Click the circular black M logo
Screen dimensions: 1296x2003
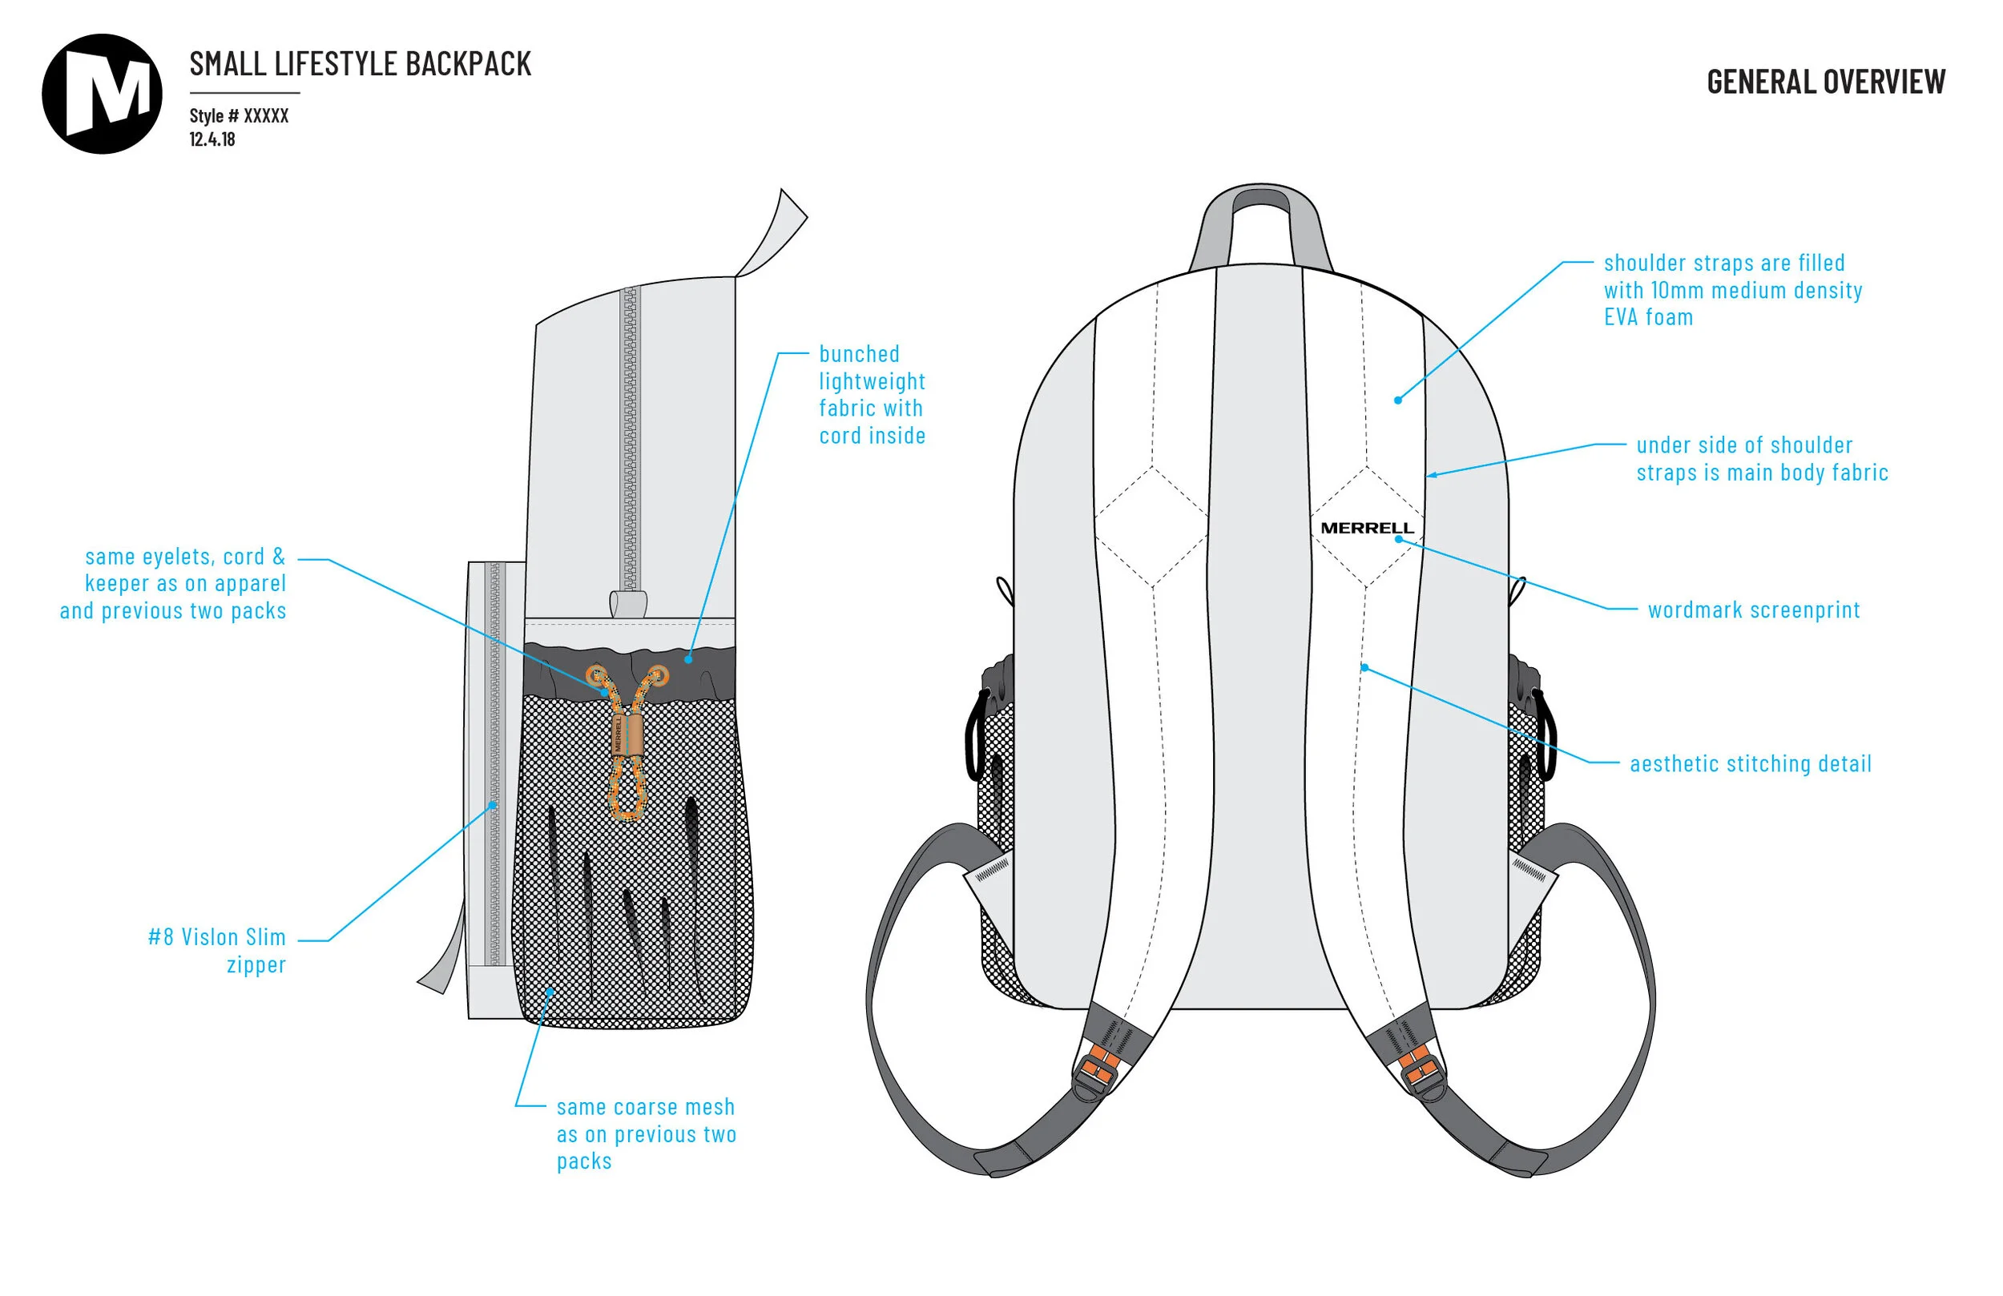click(102, 94)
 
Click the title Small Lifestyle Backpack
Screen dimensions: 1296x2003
click(361, 64)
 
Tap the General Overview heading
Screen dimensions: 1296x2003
click(1825, 82)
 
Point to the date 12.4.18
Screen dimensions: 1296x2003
click(212, 139)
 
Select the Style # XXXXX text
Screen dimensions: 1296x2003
click(239, 116)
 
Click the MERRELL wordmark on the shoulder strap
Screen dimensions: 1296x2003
click(1367, 529)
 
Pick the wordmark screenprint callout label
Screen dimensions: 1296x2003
click(1753, 610)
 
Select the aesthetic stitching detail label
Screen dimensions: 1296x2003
click(1751, 764)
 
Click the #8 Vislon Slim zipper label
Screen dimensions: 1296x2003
click(217, 951)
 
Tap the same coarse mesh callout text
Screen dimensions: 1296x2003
click(646, 1133)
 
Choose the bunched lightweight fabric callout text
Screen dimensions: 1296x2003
click(872, 395)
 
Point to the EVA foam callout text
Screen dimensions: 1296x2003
click(1732, 290)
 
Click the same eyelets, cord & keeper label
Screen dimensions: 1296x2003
click(173, 583)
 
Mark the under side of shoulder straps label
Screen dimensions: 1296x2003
click(1762, 459)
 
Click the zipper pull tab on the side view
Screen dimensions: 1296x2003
click(629, 603)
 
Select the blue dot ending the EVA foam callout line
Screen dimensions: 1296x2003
click(1398, 400)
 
